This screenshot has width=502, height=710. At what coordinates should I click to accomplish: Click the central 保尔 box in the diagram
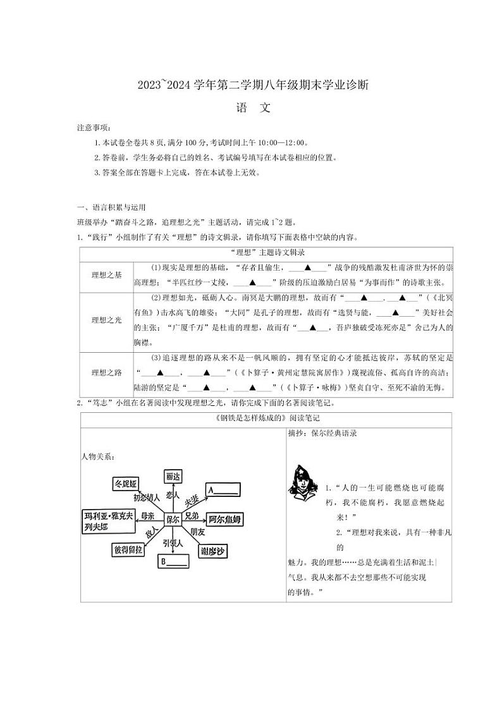click(x=173, y=518)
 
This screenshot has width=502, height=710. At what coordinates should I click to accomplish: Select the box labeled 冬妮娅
click(x=125, y=484)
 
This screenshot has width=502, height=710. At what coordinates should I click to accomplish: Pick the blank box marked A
click(x=223, y=489)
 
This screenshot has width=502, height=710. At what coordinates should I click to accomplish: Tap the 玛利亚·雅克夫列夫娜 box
click(x=108, y=521)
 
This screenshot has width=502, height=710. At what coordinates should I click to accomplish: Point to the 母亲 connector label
click(x=147, y=516)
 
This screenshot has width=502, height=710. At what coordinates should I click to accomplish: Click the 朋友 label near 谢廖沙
click(x=197, y=531)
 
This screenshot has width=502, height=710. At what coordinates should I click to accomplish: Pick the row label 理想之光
click(x=106, y=321)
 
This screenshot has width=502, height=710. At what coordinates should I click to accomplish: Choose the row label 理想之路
click(x=106, y=373)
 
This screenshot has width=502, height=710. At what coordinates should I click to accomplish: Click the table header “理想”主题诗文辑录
click(x=266, y=252)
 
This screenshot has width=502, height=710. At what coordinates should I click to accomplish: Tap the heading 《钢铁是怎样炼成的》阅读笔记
click(x=266, y=419)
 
